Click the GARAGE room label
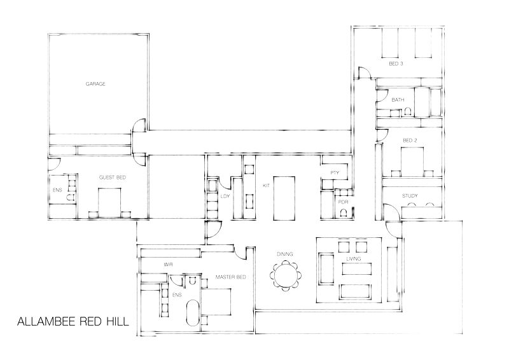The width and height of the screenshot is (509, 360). (95, 84)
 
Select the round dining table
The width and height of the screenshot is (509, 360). (284, 275)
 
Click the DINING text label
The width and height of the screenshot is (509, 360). (284, 254)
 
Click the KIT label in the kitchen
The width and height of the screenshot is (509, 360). (267, 186)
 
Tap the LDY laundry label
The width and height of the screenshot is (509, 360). (225, 197)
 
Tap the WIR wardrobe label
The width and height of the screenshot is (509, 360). (169, 263)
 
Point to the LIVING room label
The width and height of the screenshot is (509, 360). (353, 260)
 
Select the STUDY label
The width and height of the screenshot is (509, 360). (409, 196)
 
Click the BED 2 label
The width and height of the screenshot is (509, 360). (409, 139)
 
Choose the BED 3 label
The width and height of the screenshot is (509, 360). (396, 64)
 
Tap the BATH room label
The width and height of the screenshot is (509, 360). (398, 100)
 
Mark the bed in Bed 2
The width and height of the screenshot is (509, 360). (412, 160)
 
